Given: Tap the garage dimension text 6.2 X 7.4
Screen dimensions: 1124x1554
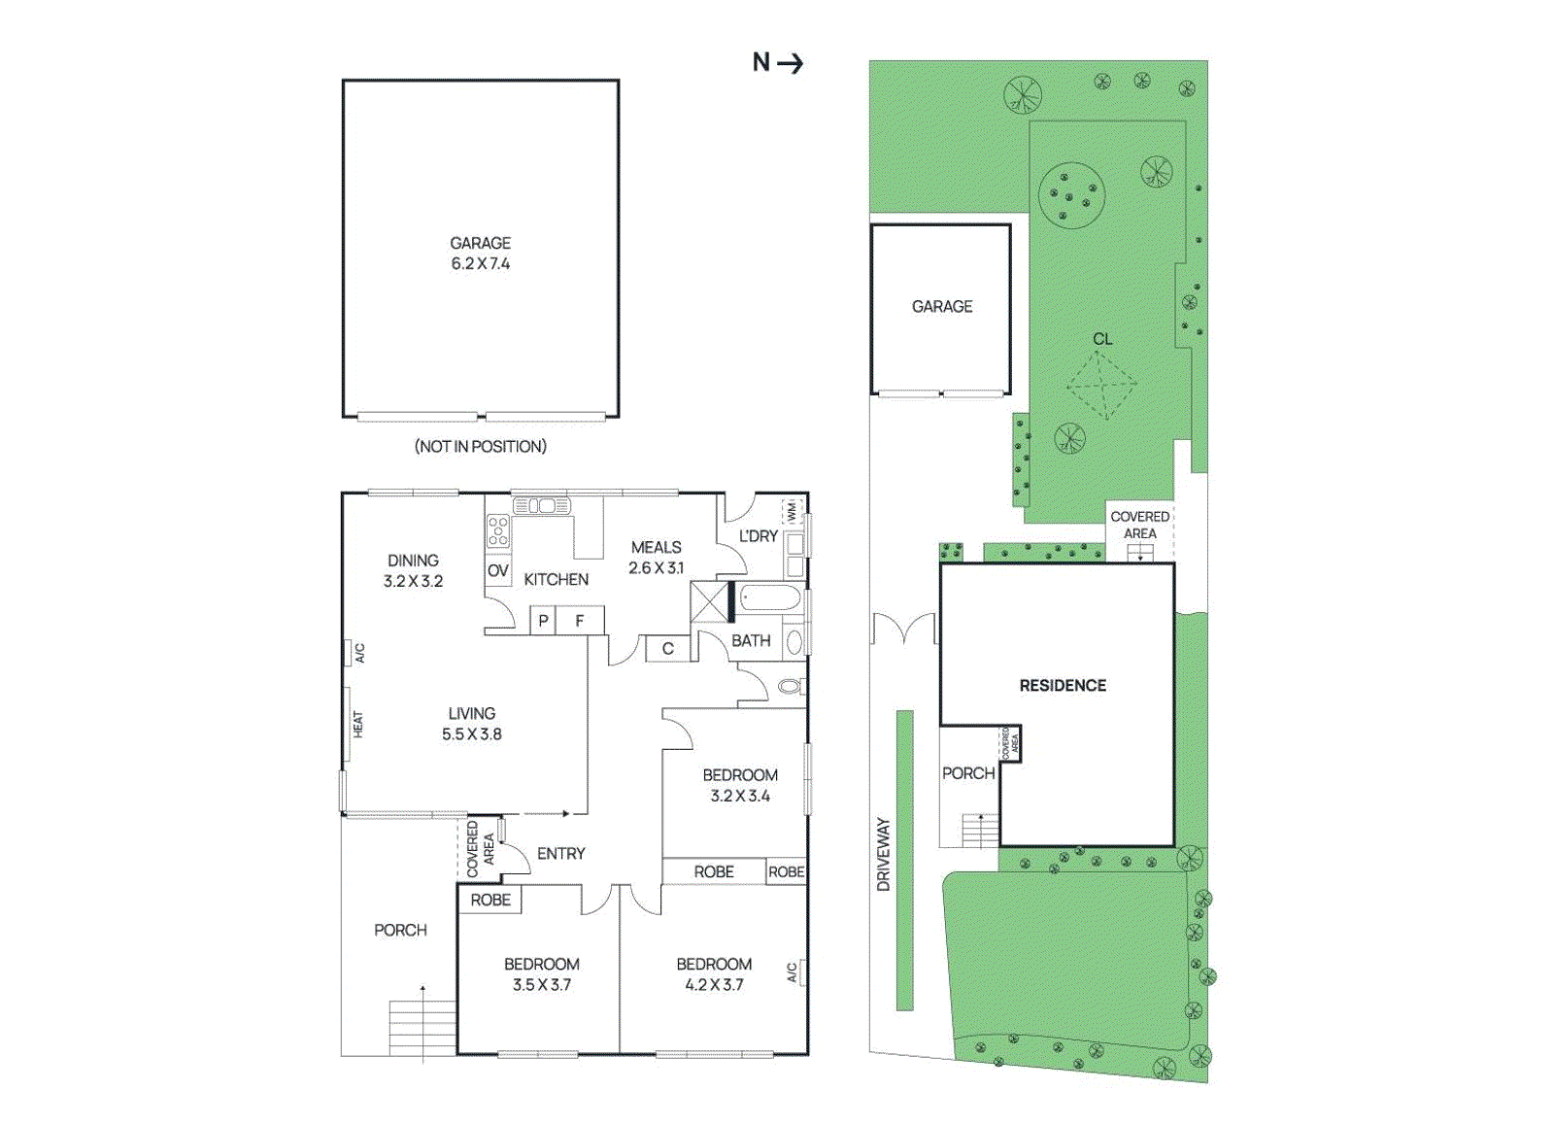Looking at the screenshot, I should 480,263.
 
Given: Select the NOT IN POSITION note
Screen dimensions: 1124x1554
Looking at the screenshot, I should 480,446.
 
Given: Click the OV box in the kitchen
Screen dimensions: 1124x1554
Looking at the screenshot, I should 497,571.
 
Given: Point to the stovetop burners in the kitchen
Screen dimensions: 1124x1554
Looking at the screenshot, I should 498,531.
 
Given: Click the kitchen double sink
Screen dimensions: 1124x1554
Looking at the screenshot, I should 541,506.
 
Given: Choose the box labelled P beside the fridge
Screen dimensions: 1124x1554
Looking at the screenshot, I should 543,620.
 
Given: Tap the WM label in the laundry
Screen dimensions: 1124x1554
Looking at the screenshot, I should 792,510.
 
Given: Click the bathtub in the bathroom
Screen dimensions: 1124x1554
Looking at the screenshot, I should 769,598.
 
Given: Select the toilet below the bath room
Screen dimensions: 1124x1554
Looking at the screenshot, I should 790,687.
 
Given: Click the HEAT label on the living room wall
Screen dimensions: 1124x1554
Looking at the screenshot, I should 357,724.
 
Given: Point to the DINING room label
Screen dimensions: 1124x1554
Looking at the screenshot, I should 413,561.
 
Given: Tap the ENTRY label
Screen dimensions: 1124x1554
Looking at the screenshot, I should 560,853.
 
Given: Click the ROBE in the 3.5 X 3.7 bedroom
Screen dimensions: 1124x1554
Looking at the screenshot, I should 490,900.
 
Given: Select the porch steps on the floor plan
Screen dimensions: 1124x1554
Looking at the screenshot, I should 422,1027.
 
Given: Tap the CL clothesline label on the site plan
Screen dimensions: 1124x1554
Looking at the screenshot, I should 1101,339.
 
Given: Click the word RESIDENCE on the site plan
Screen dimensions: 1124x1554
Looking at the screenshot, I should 1063,685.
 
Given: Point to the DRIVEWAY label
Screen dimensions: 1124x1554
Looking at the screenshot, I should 883,854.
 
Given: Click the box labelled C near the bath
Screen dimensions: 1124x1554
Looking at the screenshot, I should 667,648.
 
